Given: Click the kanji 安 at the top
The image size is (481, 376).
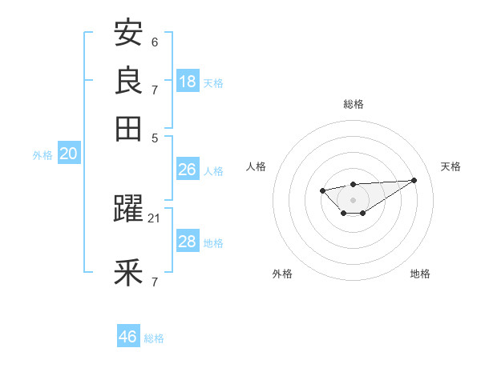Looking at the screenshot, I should pyautogui.click(x=128, y=34).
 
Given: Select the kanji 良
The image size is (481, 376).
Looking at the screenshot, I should pyautogui.click(x=128, y=80).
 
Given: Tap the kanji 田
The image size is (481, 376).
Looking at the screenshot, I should pyautogui.click(x=128, y=126).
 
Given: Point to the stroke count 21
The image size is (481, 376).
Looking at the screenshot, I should pyautogui.click(x=155, y=218).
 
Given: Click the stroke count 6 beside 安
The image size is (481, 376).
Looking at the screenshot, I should pyautogui.click(x=155, y=42).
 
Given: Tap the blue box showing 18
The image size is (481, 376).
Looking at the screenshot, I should pyautogui.click(x=188, y=81).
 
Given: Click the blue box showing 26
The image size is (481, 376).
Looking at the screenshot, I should pyautogui.click(x=187, y=170).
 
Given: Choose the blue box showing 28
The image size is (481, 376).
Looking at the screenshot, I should pyautogui.click(x=187, y=242).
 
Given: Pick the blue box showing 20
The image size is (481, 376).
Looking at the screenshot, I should pyautogui.click(x=68, y=154).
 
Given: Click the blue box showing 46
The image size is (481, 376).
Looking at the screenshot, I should pyautogui.click(x=128, y=337).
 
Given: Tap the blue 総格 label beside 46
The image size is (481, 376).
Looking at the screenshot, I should pyautogui.click(x=154, y=338).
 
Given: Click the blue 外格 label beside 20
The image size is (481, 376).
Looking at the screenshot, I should pyautogui.click(x=42, y=155).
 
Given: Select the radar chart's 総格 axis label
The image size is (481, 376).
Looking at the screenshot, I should pyautogui.click(x=353, y=104).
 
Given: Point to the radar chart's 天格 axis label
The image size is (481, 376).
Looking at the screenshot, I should pyautogui.click(x=451, y=166).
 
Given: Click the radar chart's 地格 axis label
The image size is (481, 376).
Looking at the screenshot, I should pyautogui.click(x=420, y=274).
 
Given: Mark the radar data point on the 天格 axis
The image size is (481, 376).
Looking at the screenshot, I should pyautogui.click(x=414, y=180).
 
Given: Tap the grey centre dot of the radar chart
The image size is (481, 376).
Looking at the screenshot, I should pyautogui.click(x=353, y=199).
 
